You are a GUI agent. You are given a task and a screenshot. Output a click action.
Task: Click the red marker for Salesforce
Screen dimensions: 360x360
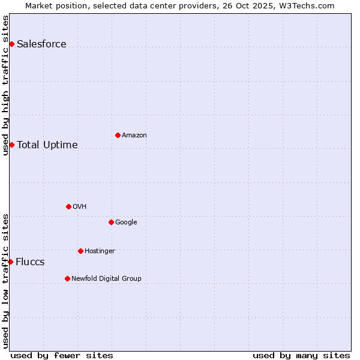point(11,44)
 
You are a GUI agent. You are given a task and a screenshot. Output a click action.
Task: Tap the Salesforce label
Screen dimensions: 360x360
point(41,44)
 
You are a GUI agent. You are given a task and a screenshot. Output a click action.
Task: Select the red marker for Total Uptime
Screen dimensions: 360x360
point(11,145)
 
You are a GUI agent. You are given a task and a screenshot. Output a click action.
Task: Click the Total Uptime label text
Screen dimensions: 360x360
point(47,145)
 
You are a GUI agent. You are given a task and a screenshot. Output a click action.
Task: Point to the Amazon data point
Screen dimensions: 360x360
point(118,135)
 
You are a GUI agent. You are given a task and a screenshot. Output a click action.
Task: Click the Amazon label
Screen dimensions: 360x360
point(134,135)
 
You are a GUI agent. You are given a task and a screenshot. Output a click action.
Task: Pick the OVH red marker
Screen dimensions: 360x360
point(68,206)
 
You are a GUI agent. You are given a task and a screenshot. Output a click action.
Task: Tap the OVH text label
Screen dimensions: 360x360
point(79,206)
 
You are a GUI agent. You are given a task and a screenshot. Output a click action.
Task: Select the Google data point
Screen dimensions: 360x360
point(111,222)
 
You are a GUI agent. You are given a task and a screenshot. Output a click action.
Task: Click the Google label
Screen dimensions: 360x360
point(126,222)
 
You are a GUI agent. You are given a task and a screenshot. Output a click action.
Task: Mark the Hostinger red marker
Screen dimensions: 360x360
point(80,251)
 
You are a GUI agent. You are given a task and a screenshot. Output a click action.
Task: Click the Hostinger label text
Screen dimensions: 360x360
point(100,251)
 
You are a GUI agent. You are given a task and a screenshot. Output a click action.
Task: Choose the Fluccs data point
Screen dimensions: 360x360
point(10,262)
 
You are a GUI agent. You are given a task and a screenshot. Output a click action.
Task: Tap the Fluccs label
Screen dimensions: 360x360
point(30,262)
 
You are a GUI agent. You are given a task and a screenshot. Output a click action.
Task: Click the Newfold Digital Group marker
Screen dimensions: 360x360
point(67,278)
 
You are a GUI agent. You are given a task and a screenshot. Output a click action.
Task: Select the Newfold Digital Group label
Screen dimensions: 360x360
point(106,278)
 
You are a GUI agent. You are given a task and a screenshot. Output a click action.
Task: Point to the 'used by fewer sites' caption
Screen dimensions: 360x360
point(62,355)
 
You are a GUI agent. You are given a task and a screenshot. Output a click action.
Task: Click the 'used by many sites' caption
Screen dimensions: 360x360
point(301,355)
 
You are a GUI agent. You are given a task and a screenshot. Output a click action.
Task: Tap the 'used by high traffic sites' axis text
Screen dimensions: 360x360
point(6,85)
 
